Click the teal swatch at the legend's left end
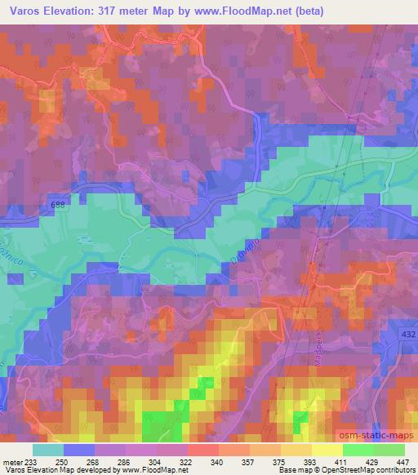[x=48, y=450]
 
